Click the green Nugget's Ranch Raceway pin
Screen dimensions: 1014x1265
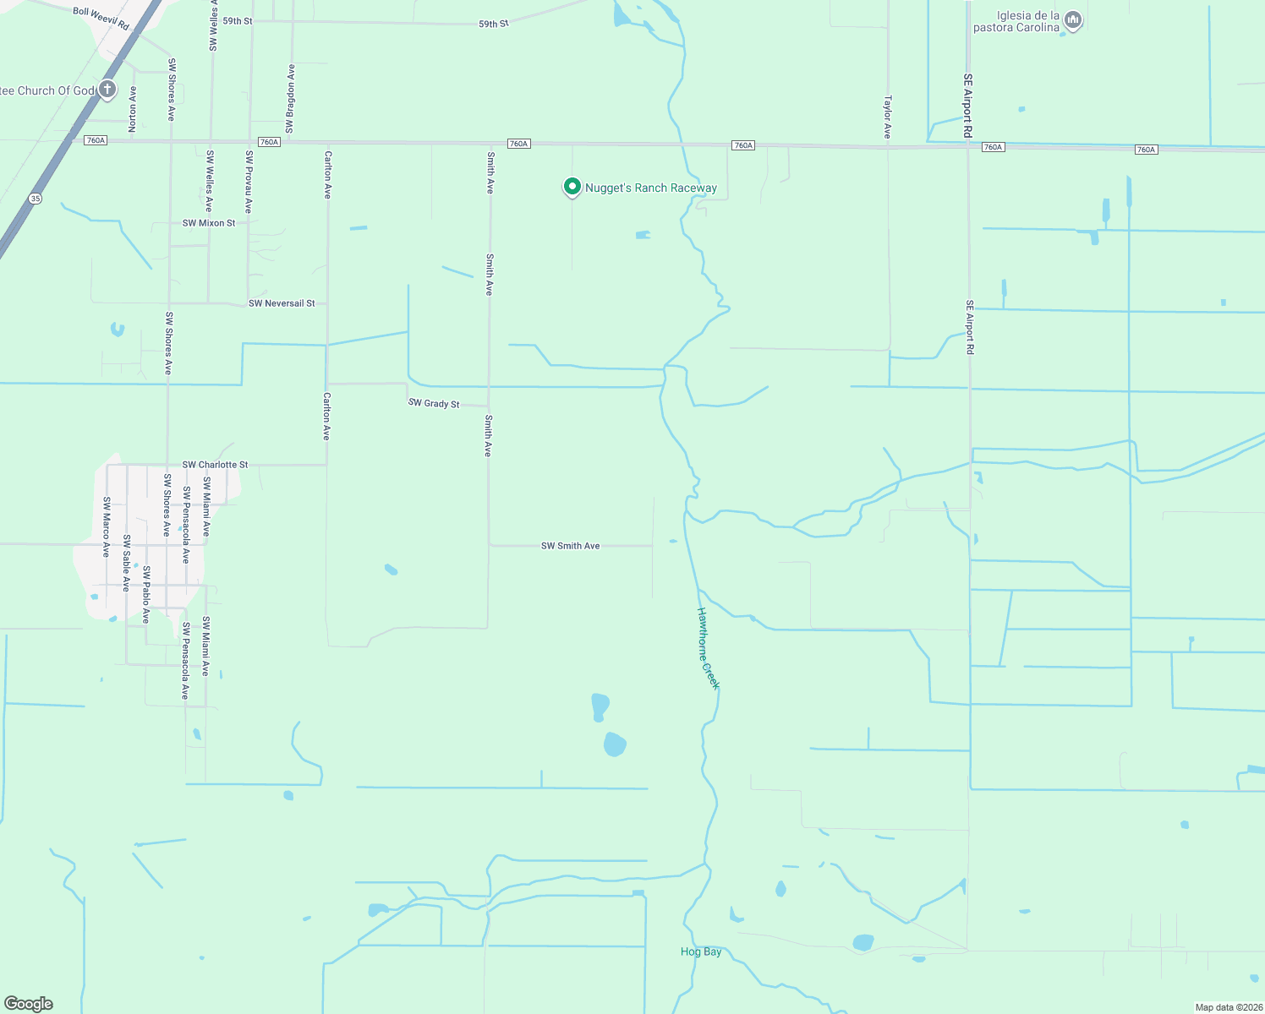coord(572,187)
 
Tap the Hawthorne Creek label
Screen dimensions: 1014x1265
coord(708,648)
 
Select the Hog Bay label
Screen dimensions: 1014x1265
coord(701,951)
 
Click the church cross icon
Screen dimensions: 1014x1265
coord(107,90)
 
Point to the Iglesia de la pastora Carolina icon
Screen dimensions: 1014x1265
coord(1073,20)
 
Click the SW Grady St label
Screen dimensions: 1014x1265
coord(434,403)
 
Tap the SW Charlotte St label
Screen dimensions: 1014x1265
coord(216,465)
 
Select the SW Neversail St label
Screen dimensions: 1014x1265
coord(282,303)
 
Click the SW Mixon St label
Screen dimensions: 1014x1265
coord(209,223)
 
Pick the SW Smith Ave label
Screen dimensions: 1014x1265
coord(571,546)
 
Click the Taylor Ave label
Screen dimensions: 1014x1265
coord(888,117)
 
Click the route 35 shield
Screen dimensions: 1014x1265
coord(35,199)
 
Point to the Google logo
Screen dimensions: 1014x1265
coord(29,1004)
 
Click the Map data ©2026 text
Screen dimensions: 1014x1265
coord(1228,1007)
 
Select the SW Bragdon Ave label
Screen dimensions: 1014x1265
coord(291,99)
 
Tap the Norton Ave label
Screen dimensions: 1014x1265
coord(133,109)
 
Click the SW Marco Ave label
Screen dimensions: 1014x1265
coord(107,526)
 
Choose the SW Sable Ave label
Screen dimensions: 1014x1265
coord(127,563)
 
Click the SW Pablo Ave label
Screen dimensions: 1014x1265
coord(145,595)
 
